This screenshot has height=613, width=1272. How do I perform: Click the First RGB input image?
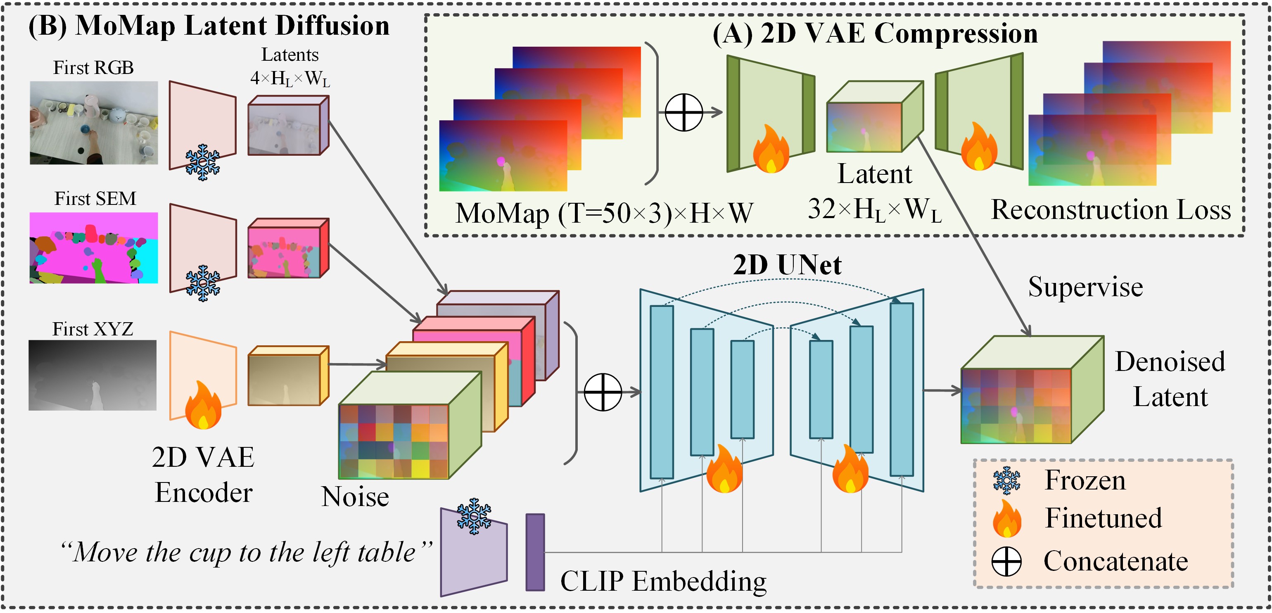[x=94, y=123]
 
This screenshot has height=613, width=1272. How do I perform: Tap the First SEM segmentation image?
[x=94, y=247]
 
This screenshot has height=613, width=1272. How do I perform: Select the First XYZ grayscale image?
[x=93, y=375]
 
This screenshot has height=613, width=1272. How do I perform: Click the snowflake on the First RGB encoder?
[x=202, y=162]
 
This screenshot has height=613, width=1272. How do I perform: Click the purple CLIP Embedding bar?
[x=535, y=552]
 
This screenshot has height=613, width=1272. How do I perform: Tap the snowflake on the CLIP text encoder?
[x=474, y=516]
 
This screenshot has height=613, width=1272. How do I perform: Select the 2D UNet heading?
[x=787, y=265]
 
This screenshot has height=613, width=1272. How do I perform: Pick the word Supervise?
[x=1085, y=287]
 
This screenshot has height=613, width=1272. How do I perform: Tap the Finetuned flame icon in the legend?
[x=1006, y=519]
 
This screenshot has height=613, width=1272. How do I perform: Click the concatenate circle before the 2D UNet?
[x=603, y=392]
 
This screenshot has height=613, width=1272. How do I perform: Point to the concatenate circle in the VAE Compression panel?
[x=684, y=112]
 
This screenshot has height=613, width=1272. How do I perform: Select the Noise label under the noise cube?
[x=355, y=497]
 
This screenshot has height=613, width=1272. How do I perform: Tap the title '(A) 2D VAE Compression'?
[x=875, y=33]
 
